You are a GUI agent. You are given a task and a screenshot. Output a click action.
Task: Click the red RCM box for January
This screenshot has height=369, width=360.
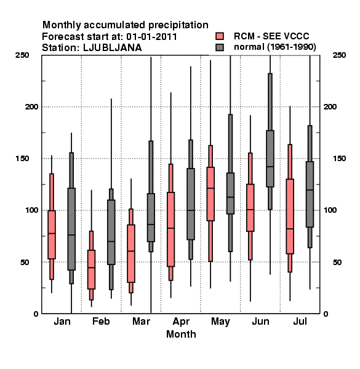coord(52,235)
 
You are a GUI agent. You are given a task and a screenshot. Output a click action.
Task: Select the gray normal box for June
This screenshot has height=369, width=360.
coord(270,159)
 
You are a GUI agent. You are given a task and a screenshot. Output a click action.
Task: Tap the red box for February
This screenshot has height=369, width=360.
coord(91,269)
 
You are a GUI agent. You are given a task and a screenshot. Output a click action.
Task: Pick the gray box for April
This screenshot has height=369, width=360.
coord(191,204)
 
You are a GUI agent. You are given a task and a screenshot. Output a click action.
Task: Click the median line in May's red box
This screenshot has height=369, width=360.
coord(210,188)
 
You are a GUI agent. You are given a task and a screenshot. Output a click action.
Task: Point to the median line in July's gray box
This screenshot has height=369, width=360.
coord(310,189)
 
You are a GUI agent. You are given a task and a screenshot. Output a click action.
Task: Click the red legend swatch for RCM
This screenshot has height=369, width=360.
coord(220,36)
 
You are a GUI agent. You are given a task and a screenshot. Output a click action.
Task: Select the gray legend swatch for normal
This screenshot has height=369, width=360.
coord(220,47)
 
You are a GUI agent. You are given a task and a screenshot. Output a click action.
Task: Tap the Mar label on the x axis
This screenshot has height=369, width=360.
coord(141,321)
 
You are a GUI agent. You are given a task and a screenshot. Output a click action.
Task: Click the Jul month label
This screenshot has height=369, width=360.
coord(300,321)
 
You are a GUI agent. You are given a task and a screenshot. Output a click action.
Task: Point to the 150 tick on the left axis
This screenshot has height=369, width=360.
coord(22,159)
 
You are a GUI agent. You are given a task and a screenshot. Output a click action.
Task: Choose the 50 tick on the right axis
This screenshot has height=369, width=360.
coord(337,262)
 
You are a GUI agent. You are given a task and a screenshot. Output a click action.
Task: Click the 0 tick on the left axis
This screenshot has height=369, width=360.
coord(36,314)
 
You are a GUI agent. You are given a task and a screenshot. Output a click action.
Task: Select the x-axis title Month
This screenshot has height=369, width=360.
coord(181,334)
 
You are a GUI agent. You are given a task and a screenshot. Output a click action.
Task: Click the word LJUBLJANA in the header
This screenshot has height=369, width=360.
coord(113,47)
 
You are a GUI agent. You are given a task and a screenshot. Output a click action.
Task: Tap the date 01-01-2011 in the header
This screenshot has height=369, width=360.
coord(151,36)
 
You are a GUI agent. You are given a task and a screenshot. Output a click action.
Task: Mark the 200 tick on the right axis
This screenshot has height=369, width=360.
coord(330,106)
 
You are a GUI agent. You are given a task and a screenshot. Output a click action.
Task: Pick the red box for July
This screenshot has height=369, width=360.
coord(290,216)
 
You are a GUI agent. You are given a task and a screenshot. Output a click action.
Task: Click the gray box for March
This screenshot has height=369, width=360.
coord(151,218)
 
